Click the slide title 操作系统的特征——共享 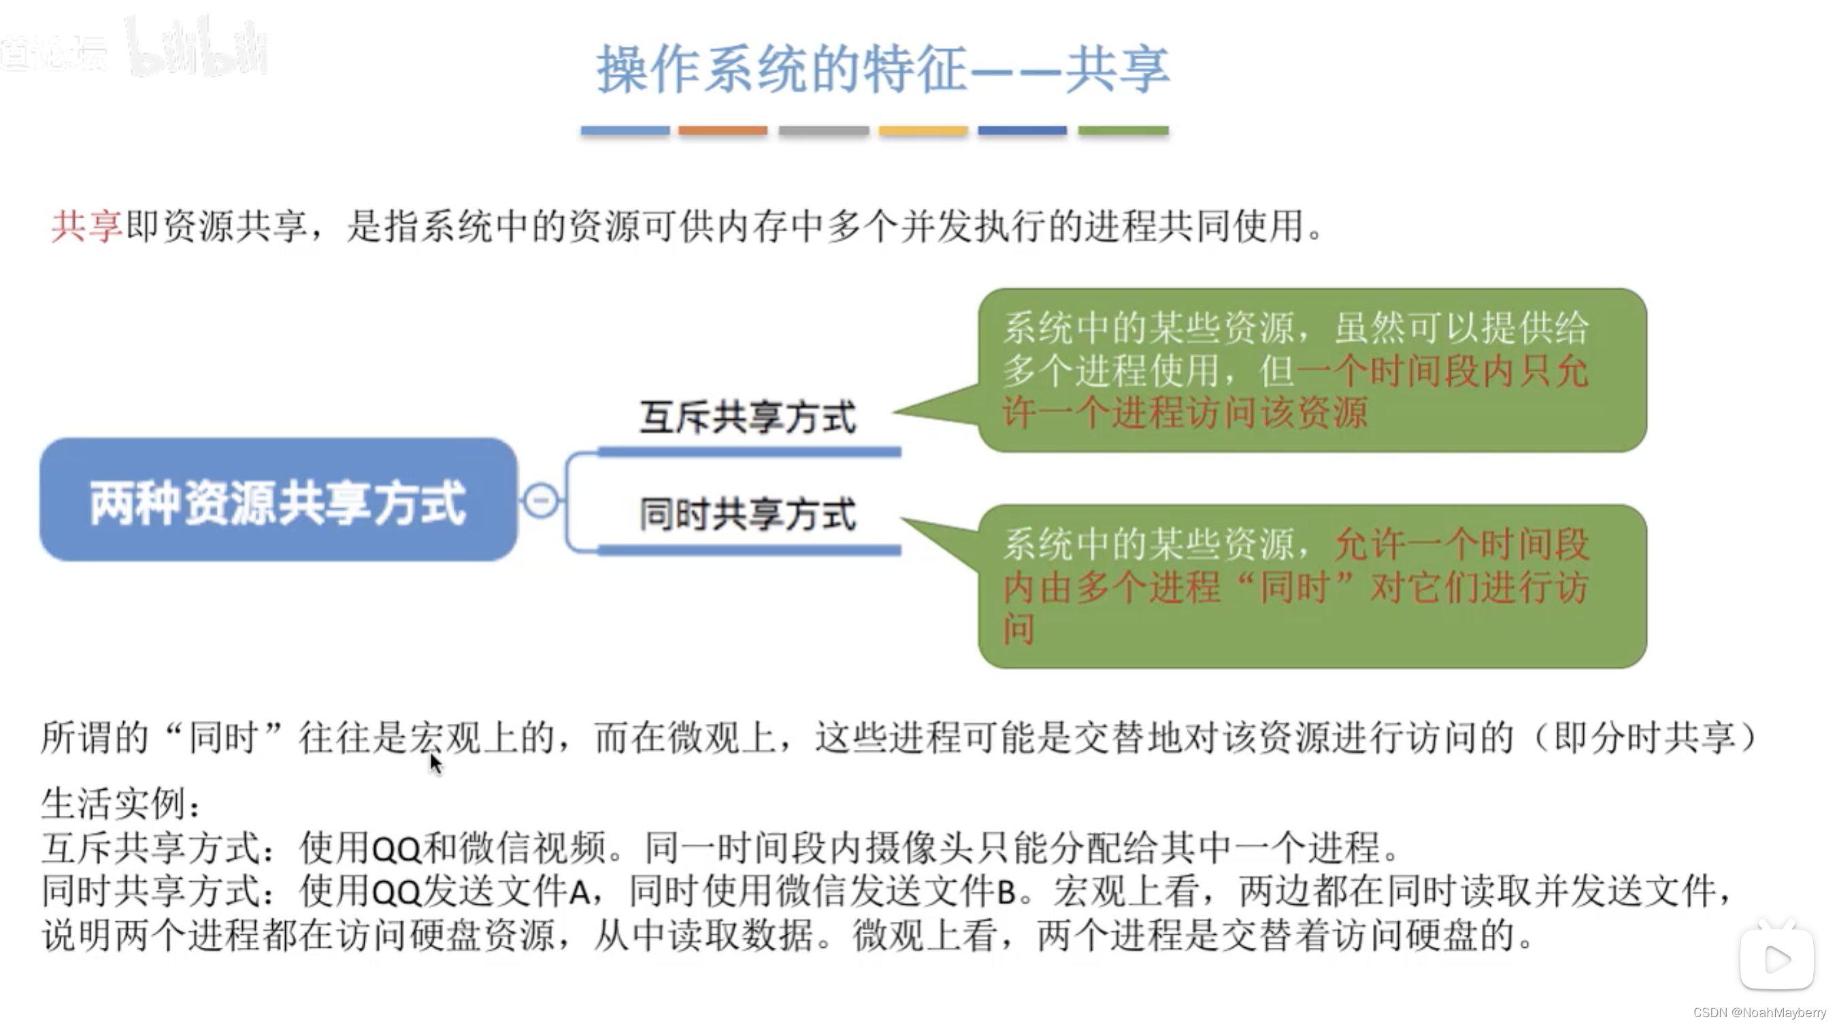pos(883,69)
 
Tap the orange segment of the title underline pos(723,131)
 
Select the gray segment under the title pos(824,131)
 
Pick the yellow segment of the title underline pos(923,131)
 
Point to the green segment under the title pos(1123,131)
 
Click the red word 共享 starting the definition pos(86,227)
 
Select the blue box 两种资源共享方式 pos(278,501)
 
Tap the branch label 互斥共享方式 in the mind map pos(747,417)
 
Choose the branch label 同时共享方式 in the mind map pos(747,514)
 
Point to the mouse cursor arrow pos(435,763)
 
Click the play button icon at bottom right pos(1776,959)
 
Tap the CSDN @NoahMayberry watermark pos(1759,1012)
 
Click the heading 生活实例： pos(121,804)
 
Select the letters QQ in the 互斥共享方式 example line pos(397,848)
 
